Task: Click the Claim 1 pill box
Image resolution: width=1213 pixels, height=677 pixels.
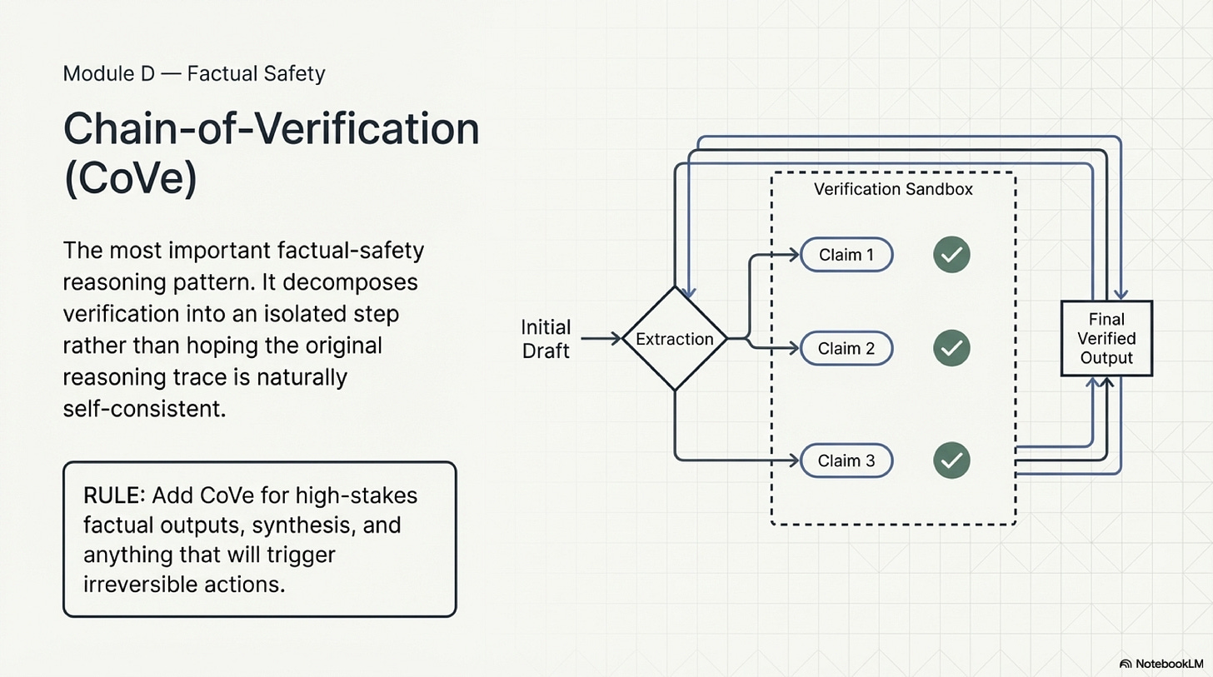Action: (x=846, y=255)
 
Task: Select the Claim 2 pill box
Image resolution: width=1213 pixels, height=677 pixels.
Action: (x=846, y=348)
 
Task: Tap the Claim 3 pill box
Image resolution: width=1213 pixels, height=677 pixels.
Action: (x=846, y=460)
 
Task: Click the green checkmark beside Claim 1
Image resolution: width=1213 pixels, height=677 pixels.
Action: (x=951, y=255)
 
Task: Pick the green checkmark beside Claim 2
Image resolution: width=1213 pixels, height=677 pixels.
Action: (x=951, y=348)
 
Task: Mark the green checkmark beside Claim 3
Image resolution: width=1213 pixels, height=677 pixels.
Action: (x=951, y=460)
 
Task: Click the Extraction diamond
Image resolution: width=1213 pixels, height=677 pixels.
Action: (x=675, y=339)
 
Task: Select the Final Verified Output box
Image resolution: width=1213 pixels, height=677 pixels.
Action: (x=1106, y=338)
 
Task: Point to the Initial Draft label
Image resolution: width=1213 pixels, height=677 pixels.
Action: (x=546, y=338)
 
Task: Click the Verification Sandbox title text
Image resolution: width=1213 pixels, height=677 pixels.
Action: (x=892, y=190)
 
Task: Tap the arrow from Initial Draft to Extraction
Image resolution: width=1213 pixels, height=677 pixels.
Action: (x=601, y=338)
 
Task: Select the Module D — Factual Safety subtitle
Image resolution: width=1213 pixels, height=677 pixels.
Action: (x=194, y=74)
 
